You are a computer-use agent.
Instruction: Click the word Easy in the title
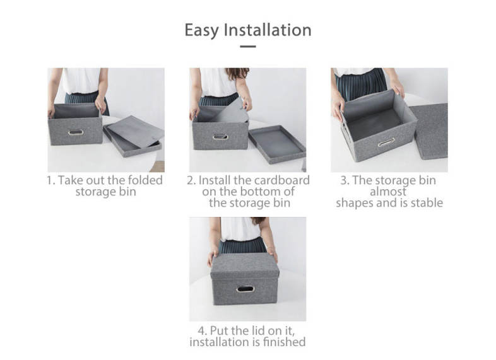pyautogui.click(x=201, y=31)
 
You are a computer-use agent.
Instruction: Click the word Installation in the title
pyautogui.click(x=268, y=30)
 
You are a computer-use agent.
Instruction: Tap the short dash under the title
pyautogui.click(x=247, y=47)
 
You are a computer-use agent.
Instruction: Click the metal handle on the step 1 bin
pyautogui.click(x=76, y=132)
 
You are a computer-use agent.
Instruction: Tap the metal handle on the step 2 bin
pyautogui.click(x=220, y=137)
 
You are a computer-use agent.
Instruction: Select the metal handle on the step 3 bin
pyautogui.click(x=386, y=142)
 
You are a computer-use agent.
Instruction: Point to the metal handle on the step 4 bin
pyautogui.click(x=245, y=289)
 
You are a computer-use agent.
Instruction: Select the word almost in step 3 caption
pyautogui.click(x=388, y=192)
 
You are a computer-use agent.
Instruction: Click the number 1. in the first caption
pyautogui.click(x=51, y=180)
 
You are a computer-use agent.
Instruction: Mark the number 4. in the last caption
pyautogui.click(x=203, y=331)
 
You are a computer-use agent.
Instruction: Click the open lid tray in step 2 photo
pyautogui.click(x=278, y=144)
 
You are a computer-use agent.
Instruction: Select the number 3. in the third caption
pyautogui.click(x=345, y=180)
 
